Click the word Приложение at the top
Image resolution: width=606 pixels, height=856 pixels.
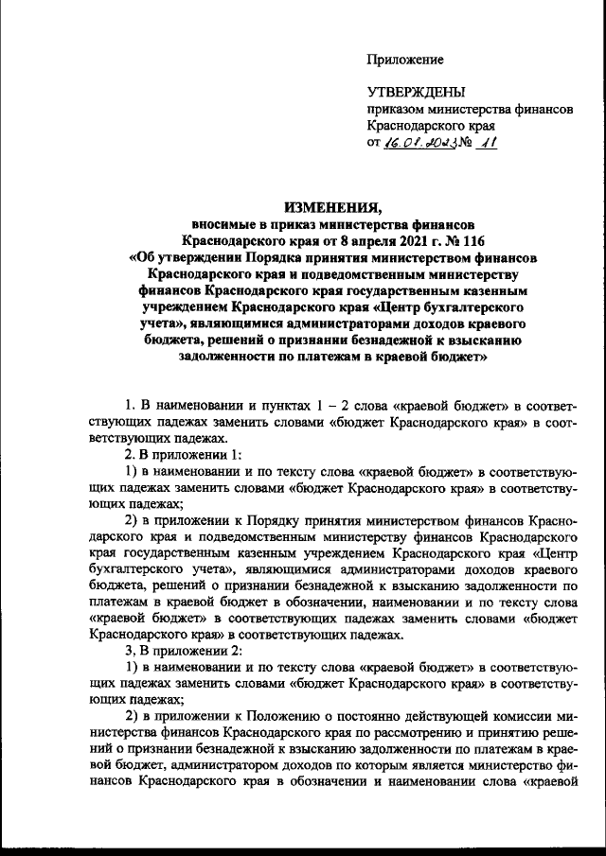click(405, 60)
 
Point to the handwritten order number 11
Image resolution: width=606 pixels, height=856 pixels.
click(488, 142)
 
